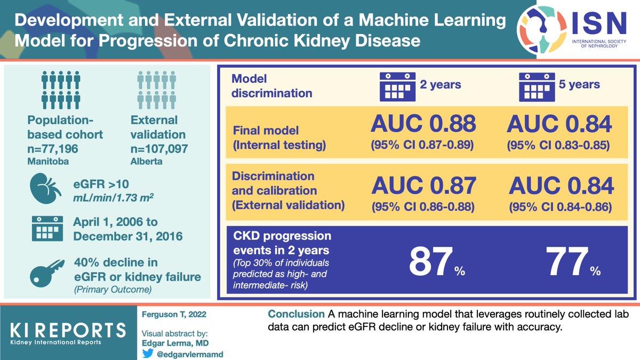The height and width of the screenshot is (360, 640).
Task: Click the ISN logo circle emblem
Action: tap(541, 30)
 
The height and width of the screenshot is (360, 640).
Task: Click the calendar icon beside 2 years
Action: tap(396, 85)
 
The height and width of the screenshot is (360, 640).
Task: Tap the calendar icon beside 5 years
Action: tap(537, 85)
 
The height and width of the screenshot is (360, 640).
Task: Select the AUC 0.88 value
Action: tap(423, 124)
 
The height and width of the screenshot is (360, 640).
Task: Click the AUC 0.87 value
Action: tap(423, 186)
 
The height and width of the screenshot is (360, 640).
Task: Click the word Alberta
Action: tap(146, 160)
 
